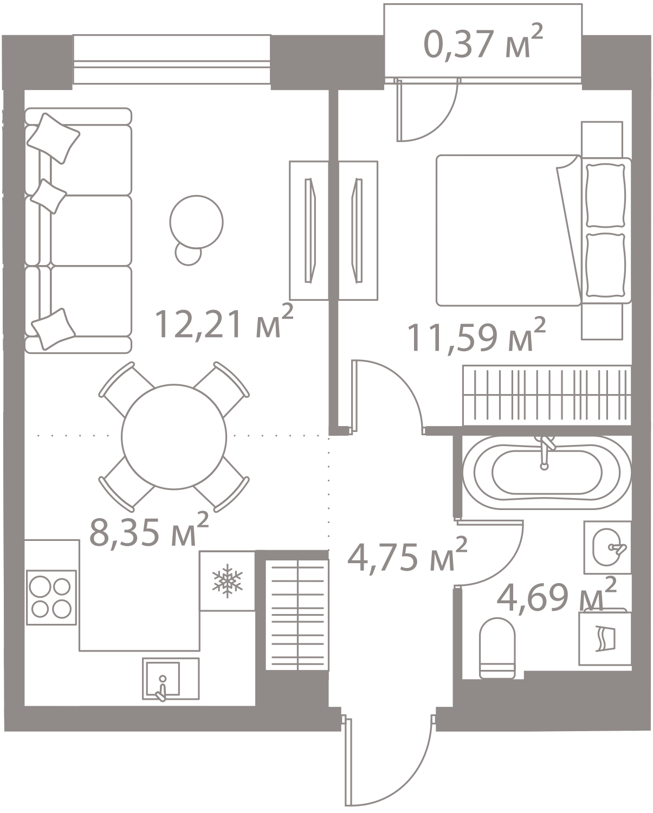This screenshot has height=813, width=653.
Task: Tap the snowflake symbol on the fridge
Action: tap(227, 579)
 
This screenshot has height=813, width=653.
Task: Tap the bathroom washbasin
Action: tap(607, 547)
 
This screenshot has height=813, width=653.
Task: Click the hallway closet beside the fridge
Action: tap(298, 615)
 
